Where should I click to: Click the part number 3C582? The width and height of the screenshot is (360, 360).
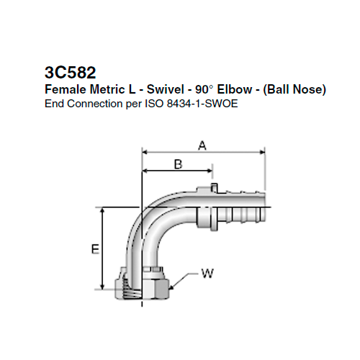click(x=69, y=73)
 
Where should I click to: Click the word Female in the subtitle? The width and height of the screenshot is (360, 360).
click(x=63, y=90)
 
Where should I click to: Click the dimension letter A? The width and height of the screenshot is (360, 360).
click(x=202, y=145)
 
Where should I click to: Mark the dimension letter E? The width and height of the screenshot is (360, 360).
click(x=94, y=249)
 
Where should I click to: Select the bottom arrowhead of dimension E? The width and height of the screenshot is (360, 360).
click(x=105, y=286)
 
